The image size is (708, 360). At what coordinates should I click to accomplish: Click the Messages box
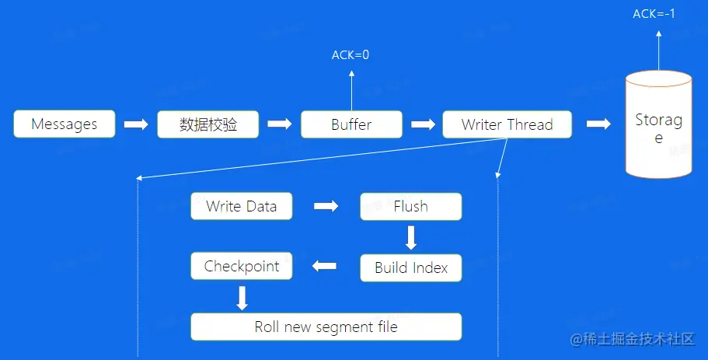65,124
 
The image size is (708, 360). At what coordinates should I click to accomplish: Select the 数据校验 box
208,124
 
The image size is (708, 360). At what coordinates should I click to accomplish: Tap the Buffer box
351,124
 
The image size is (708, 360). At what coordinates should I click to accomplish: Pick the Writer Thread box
507,124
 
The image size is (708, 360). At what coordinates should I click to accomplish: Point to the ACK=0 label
351,55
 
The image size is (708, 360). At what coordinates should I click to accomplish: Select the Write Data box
242,207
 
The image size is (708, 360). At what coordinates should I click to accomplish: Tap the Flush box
410,207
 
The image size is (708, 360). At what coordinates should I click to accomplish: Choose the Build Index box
410,268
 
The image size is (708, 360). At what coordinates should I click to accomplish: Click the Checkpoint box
242,267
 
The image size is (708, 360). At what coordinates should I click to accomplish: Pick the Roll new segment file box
326,327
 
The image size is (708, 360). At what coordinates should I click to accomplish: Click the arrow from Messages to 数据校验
136,124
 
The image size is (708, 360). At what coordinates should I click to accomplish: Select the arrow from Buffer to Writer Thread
423,124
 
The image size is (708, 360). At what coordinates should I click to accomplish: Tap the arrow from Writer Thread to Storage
598,124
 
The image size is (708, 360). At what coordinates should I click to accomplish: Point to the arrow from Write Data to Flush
326,207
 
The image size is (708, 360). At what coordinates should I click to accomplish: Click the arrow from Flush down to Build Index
411,236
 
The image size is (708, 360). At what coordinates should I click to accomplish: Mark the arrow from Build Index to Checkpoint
324,267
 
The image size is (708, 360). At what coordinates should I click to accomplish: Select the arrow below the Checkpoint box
242,297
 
